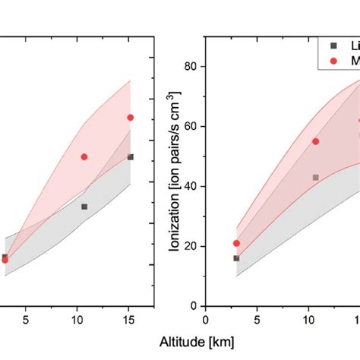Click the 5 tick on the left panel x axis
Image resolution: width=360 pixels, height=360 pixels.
[26, 319]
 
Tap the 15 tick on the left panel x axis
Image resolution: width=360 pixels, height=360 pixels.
[129, 319]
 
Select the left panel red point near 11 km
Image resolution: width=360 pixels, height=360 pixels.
[84, 156]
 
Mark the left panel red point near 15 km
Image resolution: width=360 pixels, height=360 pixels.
[130, 117]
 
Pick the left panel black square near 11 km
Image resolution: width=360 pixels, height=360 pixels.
[84, 207]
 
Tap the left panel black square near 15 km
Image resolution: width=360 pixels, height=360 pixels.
[130, 156]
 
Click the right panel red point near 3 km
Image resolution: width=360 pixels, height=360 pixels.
[236, 243]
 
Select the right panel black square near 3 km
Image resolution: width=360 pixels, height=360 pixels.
[236, 258]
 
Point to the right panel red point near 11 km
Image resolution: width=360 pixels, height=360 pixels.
[315, 141]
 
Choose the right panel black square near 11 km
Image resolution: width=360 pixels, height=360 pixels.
[315, 177]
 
